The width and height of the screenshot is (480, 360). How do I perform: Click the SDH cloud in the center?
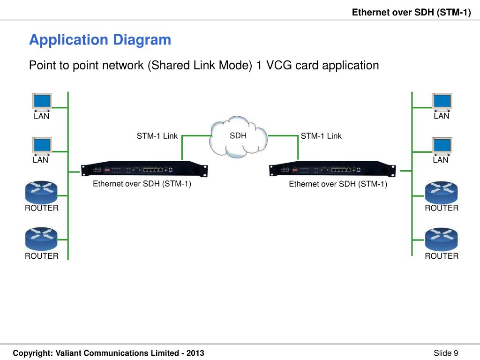point(238,137)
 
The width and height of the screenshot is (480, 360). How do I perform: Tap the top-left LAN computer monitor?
point(42,102)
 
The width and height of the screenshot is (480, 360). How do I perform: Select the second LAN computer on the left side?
point(42,146)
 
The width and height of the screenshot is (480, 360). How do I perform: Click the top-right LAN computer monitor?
point(442,102)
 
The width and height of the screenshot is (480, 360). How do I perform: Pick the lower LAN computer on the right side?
point(442,146)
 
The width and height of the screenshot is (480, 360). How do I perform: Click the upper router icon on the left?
point(41,192)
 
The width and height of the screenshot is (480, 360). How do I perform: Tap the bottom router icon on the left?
point(41,239)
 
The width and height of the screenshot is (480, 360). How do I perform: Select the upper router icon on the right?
point(442,192)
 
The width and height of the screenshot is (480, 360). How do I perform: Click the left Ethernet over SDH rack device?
point(144,169)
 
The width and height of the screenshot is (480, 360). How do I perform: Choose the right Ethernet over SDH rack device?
point(332,169)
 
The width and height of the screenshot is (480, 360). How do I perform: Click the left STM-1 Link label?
point(157,136)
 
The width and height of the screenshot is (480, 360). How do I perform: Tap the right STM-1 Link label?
point(321,136)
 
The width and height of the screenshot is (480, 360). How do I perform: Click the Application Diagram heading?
point(100,40)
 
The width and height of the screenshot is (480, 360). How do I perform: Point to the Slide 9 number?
point(446,353)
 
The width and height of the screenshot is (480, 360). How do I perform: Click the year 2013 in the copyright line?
point(195,353)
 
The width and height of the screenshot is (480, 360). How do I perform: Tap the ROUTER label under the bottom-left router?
point(42,256)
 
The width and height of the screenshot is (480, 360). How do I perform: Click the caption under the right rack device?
point(338,184)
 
